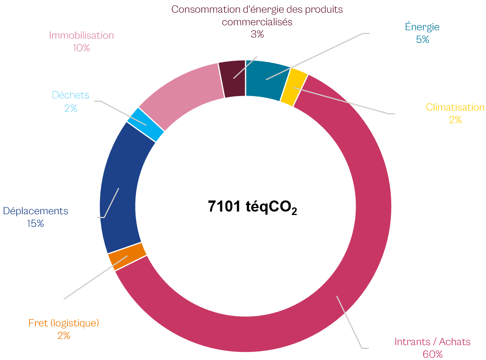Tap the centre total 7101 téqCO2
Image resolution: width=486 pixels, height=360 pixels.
point(252,207)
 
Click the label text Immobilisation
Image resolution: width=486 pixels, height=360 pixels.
point(81,36)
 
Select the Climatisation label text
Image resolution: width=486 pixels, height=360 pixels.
point(455,108)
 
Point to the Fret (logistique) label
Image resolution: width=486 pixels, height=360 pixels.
point(64,323)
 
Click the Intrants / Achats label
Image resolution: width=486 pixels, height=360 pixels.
point(432,342)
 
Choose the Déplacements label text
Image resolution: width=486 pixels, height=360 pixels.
point(36,211)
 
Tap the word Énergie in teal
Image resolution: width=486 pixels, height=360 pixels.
point(422,27)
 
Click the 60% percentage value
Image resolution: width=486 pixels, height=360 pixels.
point(432,355)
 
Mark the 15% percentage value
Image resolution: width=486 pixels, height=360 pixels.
point(36,224)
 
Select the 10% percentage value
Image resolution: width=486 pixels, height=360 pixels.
point(81,48)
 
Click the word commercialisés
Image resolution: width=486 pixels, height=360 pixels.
point(257,22)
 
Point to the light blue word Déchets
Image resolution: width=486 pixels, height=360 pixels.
point(71,95)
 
